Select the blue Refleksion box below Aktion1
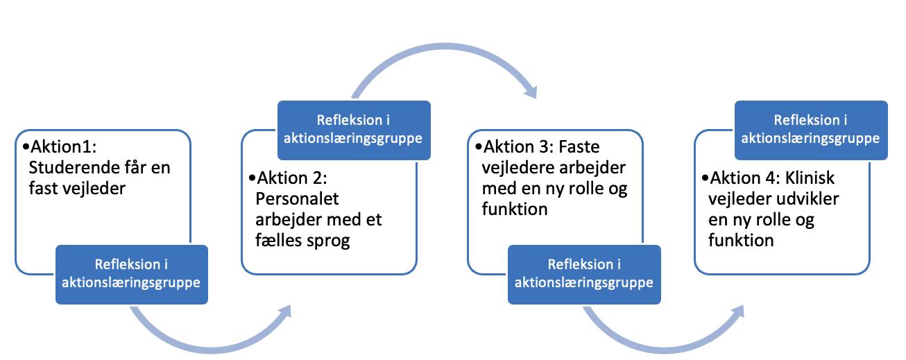[x=132, y=274]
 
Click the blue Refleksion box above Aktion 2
[x=354, y=130]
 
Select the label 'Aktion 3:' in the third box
[x=514, y=148]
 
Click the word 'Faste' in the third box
[x=579, y=148]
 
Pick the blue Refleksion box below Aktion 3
[x=585, y=274]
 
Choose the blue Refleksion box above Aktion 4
[x=811, y=130]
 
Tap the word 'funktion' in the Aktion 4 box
[x=740, y=240]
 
